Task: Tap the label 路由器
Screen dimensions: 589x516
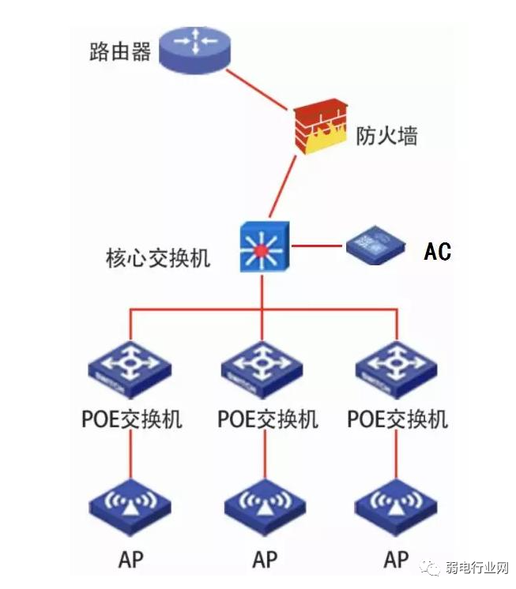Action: tap(120, 54)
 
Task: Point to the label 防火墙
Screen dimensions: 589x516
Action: tap(386, 137)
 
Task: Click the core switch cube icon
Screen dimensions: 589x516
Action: tap(264, 246)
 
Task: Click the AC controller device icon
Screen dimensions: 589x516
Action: tap(375, 246)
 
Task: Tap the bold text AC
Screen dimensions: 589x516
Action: tap(437, 252)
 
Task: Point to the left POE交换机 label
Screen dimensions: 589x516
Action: tap(132, 418)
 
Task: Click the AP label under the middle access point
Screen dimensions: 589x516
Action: tap(265, 560)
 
